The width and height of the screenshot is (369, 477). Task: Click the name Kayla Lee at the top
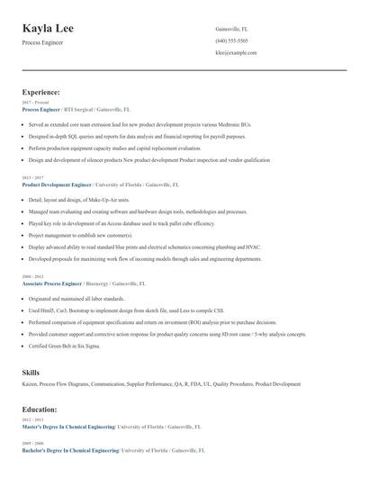(x=48, y=29)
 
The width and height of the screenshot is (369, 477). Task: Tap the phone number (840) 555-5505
(x=231, y=40)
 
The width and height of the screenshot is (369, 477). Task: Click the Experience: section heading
(x=41, y=92)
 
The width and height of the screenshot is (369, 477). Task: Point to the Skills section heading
(x=31, y=372)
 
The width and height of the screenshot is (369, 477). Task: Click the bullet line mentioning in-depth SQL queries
(x=136, y=137)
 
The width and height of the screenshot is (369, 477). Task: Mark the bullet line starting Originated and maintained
(x=76, y=298)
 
